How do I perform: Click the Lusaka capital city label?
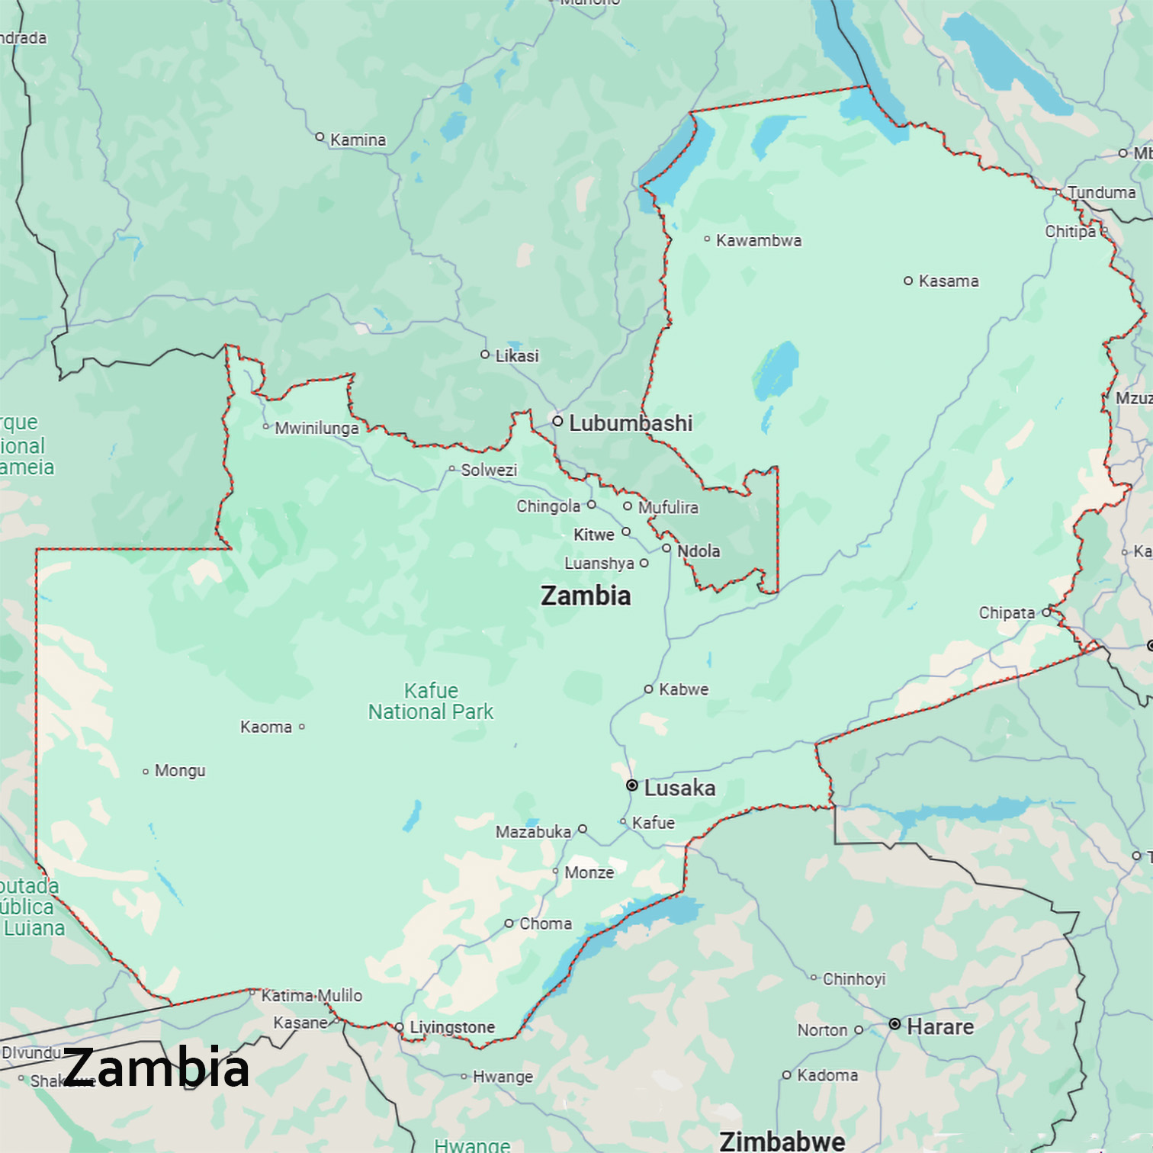pyautogui.click(x=679, y=788)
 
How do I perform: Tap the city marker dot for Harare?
pyautogui.click(x=894, y=1024)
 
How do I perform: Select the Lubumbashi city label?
pyautogui.click(x=631, y=423)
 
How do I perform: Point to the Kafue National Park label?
pyautogui.click(x=431, y=702)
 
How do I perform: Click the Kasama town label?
pyautogui.click(x=949, y=281)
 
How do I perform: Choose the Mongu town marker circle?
pyautogui.click(x=146, y=772)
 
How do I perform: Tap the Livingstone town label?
pyautogui.click(x=452, y=1027)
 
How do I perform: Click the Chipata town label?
pyautogui.click(x=1007, y=613)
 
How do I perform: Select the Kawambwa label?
pyautogui.click(x=759, y=241)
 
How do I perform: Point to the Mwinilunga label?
pyautogui.click(x=316, y=428)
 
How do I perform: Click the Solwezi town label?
pyautogui.click(x=489, y=470)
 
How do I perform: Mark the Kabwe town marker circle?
pyautogui.click(x=648, y=689)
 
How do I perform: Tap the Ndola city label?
pyautogui.click(x=699, y=551)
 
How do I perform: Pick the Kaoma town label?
pyautogui.click(x=266, y=727)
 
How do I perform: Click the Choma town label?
pyautogui.click(x=545, y=923)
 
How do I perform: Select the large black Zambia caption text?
pyautogui.click(x=156, y=1068)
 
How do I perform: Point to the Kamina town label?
pyautogui.click(x=358, y=140)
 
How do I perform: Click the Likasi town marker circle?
pyautogui.click(x=485, y=355)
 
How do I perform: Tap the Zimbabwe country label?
pyautogui.click(x=782, y=1141)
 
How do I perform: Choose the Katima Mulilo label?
pyautogui.click(x=312, y=995)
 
